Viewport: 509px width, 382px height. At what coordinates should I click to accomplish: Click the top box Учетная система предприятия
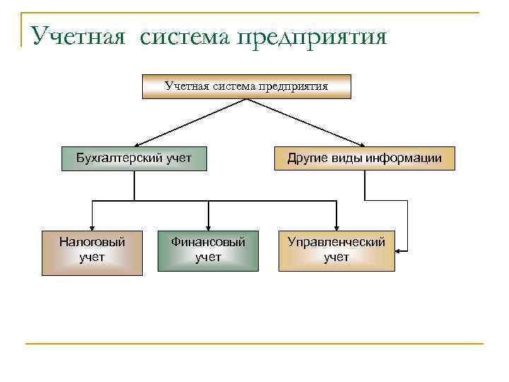pyautogui.click(x=246, y=87)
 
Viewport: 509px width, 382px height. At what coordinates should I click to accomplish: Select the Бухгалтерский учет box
pyautogui.click(x=134, y=158)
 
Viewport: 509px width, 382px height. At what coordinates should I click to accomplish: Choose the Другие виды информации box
pyautogui.click(x=364, y=158)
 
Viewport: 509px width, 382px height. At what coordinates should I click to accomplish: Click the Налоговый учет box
pyautogui.click(x=92, y=251)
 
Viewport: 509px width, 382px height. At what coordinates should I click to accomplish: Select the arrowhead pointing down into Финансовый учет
pyautogui.click(x=208, y=226)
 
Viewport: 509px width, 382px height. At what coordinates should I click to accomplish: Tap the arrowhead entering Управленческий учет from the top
pyautogui.click(x=337, y=226)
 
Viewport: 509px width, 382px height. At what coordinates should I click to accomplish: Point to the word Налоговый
pyautogui.click(x=92, y=243)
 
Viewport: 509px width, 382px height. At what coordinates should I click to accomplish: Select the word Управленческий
pyautogui.click(x=337, y=243)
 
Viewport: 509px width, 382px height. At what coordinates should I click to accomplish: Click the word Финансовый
pyautogui.click(x=208, y=243)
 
